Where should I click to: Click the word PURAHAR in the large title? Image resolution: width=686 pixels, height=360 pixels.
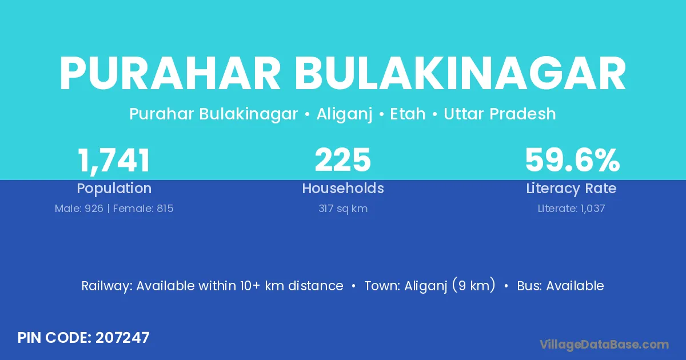(x=170, y=74)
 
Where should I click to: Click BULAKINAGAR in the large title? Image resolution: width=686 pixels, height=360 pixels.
(x=460, y=74)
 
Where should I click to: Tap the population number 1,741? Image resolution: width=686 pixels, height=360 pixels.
(x=114, y=161)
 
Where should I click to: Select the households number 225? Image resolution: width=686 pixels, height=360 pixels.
(x=342, y=160)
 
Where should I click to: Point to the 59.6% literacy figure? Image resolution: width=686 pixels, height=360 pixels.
(x=572, y=160)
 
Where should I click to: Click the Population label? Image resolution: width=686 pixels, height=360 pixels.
(x=114, y=189)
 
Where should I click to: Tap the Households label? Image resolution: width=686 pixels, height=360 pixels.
(x=343, y=188)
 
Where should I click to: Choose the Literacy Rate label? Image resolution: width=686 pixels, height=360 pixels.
(x=571, y=189)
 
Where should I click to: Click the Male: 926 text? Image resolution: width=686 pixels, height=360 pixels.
(x=79, y=209)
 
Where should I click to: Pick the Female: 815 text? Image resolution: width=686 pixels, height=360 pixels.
(x=143, y=209)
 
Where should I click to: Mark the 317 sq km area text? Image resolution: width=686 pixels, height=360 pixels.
(x=343, y=209)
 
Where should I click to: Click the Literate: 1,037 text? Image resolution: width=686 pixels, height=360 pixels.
(x=571, y=209)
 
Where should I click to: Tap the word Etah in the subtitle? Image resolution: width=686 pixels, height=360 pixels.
(x=408, y=114)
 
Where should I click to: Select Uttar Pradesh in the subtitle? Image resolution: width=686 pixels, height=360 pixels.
(x=500, y=114)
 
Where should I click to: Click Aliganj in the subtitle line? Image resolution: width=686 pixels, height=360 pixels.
(x=344, y=114)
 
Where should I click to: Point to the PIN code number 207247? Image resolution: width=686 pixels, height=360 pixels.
(x=122, y=338)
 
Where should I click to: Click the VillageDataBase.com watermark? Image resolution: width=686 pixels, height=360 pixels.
(x=604, y=345)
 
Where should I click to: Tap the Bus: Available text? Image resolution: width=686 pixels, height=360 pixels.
(x=560, y=286)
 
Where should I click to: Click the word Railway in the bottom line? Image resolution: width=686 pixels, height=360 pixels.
(x=106, y=286)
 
